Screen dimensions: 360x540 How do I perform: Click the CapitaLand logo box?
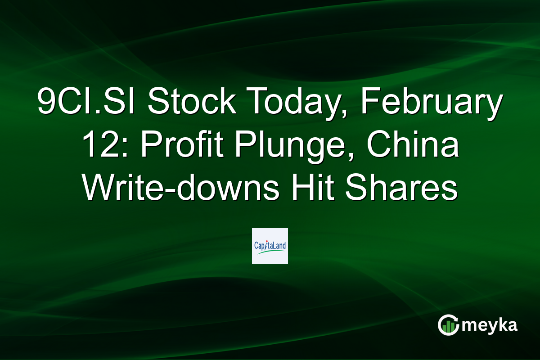270,246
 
